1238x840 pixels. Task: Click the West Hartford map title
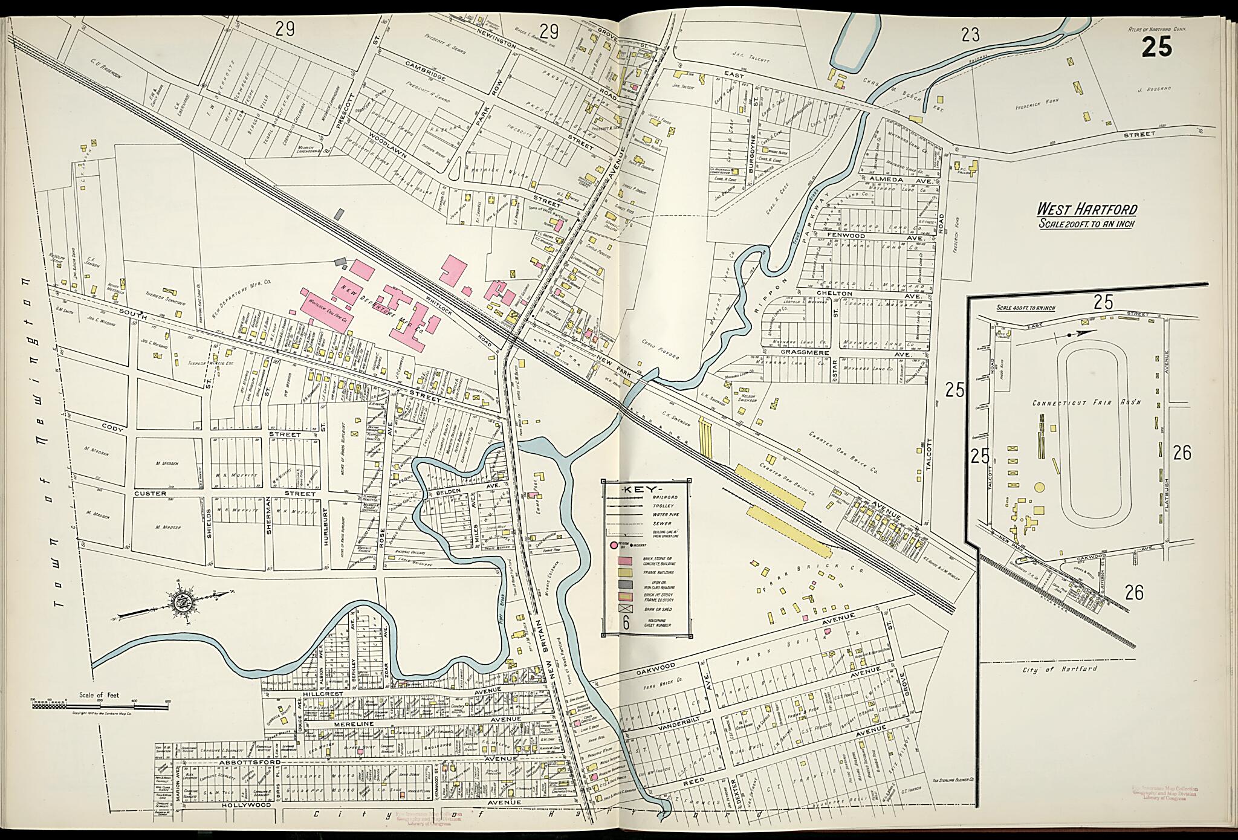pyautogui.click(x=1087, y=210)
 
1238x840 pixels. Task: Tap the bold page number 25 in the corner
pyautogui.click(x=1157, y=47)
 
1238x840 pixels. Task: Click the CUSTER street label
pyautogui.click(x=149, y=493)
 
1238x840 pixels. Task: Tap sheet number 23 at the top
pyautogui.click(x=970, y=35)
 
